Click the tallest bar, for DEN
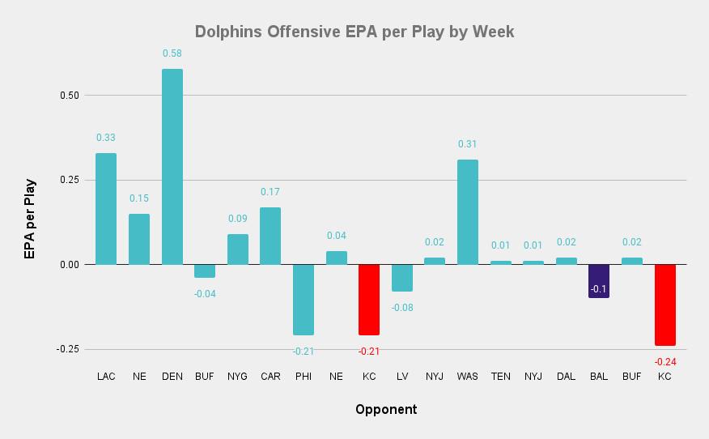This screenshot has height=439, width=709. click(172, 166)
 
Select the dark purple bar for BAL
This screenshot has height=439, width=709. click(599, 281)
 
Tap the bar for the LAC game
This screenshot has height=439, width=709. click(106, 209)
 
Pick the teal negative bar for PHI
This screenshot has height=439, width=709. click(304, 300)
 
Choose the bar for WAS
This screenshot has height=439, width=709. click(468, 212)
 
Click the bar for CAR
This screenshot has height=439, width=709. click(270, 236)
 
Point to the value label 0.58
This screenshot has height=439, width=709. click(172, 53)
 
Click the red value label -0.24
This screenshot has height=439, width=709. click(665, 361)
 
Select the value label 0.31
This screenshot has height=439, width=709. click(468, 144)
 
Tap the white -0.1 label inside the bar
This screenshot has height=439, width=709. click(599, 289)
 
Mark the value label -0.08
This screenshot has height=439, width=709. click(402, 307)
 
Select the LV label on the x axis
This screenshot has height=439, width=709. click(402, 377)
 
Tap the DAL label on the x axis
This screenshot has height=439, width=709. click(566, 377)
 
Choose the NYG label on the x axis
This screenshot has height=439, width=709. click(238, 377)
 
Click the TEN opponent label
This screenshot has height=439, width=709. click(501, 377)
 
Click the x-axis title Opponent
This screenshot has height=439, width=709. click(386, 409)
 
